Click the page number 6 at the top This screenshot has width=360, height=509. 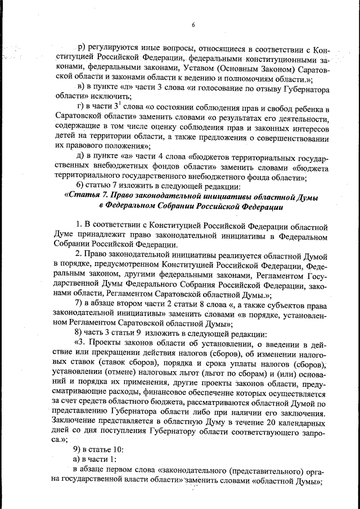click(192, 25)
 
